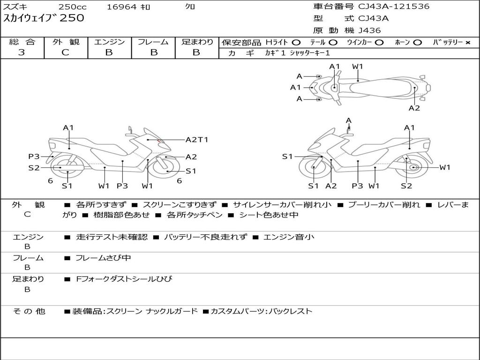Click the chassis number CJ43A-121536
pyautogui.click(x=394, y=7)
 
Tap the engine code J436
pyautogui.click(x=369, y=30)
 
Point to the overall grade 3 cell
pyautogui.click(x=22, y=52)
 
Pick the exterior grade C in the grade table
pyautogui.click(x=66, y=52)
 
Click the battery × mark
pyautogui.click(x=467, y=43)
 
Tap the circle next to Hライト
pyautogui.click(x=296, y=43)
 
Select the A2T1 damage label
pyautogui.click(x=196, y=140)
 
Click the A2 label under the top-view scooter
pyautogui.click(x=414, y=108)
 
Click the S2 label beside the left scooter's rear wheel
pyautogui.click(x=34, y=168)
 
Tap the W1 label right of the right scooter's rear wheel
pyautogui.click(x=444, y=167)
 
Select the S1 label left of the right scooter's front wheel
pyautogui.click(x=287, y=157)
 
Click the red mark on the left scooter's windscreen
pyautogui.click(x=159, y=140)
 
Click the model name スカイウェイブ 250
pyautogui.click(x=44, y=18)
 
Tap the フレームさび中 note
pyautogui.click(x=103, y=258)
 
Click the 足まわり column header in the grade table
pyautogui.click(x=197, y=42)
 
